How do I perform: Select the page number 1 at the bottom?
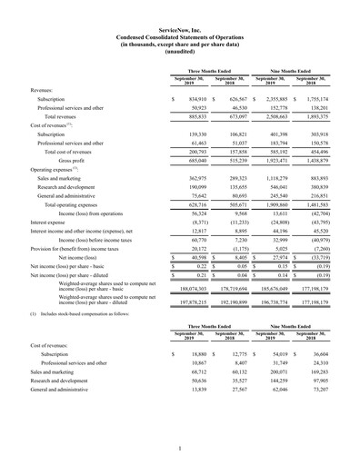(179, 446)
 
